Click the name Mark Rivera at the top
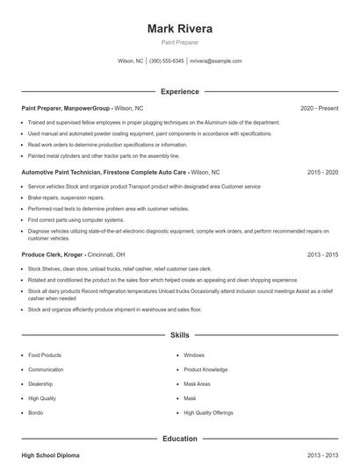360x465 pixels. pos(179,28)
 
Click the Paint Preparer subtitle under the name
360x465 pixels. pos(179,42)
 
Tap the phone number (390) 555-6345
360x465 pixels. pos(166,61)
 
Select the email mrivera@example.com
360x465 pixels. pos(215,61)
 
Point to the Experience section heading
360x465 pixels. pos(179,91)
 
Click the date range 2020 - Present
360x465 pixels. pos(319,108)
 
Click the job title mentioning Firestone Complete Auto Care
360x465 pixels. pos(104,173)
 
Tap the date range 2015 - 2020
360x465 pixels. pos(322,173)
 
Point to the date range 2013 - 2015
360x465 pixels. pos(322,254)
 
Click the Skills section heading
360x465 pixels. pos(179,335)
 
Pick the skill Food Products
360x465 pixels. pos(45,355)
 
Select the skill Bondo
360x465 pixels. pos(37,412)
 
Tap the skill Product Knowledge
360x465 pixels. pos(205,369)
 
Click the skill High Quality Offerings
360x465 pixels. pos(208,412)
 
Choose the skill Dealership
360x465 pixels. pos(41,383)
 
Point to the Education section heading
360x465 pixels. pos(179,439)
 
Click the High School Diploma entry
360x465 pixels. pos(51,455)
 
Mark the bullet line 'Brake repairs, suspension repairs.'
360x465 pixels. pos(66,198)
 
